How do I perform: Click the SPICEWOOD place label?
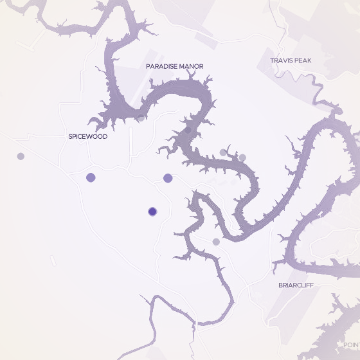pyautogui.click(x=87, y=137)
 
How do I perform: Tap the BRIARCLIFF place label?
pyautogui.click(x=296, y=285)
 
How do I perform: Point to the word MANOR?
pyautogui.click(x=191, y=66)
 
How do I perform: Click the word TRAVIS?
pyautogui.click(x=282, y=60)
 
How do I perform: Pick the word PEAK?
pyautogui.click(x=303, y=60)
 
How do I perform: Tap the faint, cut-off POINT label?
pyautogui.click(x=352, y=345)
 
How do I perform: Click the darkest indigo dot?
pyautogui.click(x=152, y=211)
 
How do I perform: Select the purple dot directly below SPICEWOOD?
pyautogui.click(x=91, y=177)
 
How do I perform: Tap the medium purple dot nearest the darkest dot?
pyautogui.click(x=168, y=178)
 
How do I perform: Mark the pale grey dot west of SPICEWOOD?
pyautogui.click(x=21, y=156)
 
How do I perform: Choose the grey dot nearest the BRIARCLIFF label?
pyautogui.click(x=216, y=242)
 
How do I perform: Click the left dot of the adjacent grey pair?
pyautogui.click(x=223, y=152)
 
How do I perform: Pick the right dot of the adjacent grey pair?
pyautogui.click(x=242, y=157)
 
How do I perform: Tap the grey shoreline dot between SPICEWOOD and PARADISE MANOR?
pyautogui.click(x=141, y=118)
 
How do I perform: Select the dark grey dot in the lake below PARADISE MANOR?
pyautogui.click(x=188, y=129)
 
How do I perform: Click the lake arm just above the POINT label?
pyautogui.click(x=337, y=321)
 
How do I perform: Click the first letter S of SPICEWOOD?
pyautogui.click(x=70, y=137)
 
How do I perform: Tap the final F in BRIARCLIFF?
pyautogui.click(x=312, y=285)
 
